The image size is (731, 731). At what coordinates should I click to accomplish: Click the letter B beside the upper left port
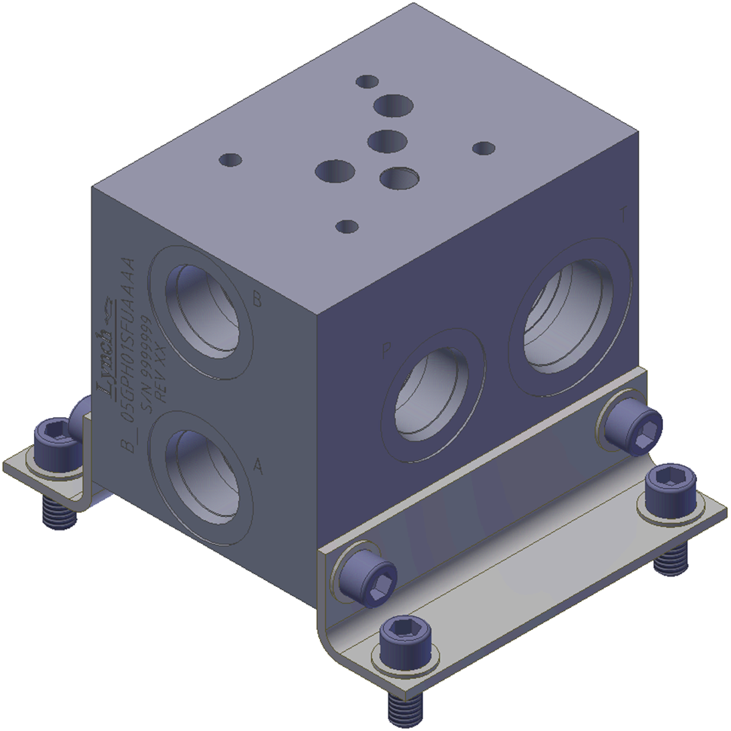(x=256, y=302)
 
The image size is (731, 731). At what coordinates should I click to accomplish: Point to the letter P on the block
(x=387, y=352)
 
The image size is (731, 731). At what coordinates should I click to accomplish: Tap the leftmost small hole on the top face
(x=229, y=160)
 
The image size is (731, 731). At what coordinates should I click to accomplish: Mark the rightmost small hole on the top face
(x=484, y=148)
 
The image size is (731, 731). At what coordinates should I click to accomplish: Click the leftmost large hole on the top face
(x=330, y=171)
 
